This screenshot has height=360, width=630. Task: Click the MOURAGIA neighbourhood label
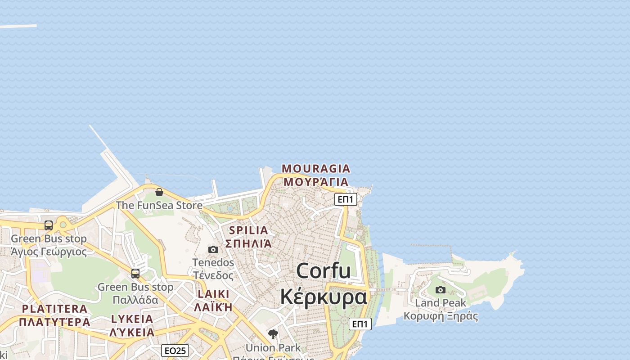[x=315, y=169]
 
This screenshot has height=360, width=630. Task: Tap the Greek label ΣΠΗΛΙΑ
[x=248, y=243]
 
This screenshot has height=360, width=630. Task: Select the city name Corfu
[x=323, y=271]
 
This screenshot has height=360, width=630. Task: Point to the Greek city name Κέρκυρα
[x=323, y=297]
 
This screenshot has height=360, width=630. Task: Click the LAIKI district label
[x=213, y=294]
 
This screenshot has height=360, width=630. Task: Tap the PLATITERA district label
[x=54, y=309]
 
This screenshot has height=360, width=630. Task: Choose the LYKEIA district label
[x=132, y=319]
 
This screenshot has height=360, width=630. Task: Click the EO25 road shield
[x=175, y=351]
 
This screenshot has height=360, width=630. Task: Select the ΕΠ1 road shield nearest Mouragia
[x=346, y=199]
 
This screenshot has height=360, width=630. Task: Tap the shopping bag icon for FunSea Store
[x=159, y=192]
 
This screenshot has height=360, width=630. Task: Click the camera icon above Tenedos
[x=213, y=249]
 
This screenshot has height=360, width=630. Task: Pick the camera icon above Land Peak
[x=441, y=290]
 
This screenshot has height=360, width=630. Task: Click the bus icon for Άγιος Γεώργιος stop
[x=49, y=225]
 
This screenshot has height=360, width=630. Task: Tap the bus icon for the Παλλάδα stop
[x=135, y=273]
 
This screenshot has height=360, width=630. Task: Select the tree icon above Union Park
[x=273, y=334]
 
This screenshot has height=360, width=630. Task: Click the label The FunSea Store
[x=159, y=205]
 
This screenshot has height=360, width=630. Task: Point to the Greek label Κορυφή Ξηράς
[x=441, y=316]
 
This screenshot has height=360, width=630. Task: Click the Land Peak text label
[x=441, y=303]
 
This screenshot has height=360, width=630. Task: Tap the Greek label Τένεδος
[x=213, y=275]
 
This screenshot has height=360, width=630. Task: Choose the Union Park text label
[x=273, y=347]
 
